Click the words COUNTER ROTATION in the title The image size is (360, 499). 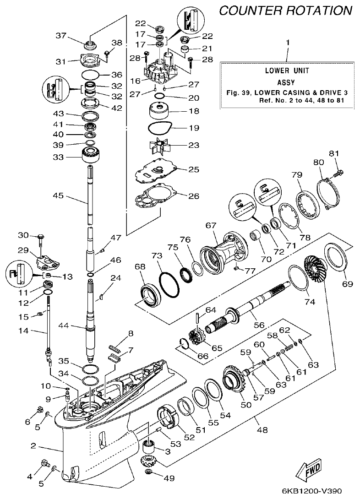286,11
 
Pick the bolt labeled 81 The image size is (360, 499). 340,173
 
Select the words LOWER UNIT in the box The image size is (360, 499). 287,71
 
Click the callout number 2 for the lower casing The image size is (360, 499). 33,445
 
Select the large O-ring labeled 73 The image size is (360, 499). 168,282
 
